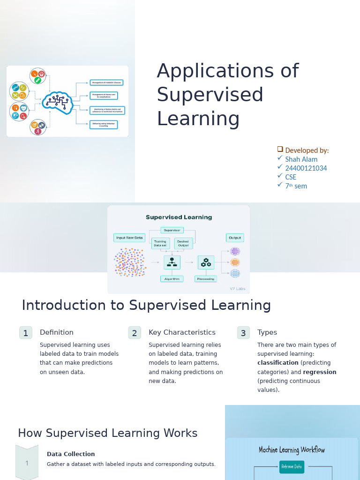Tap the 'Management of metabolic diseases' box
(x=106, y=83)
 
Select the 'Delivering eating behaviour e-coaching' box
(x=104, y=125)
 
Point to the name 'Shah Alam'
(x=301, y=159)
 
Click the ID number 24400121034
(x=306, y=168)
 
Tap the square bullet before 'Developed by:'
(x=280, y=149)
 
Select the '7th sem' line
(x=296, y=186)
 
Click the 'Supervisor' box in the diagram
(x=172, y=230)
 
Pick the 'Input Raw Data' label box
(x=129, y=238)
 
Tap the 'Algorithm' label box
(x=172, y=279)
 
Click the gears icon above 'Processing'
(x=206, y=262)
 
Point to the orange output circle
(x=235, y=262)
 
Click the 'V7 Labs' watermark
(x=237, y=289)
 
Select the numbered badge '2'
(x=135, y=333)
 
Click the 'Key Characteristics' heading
(x=182, y=332)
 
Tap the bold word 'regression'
(x=320, y=372)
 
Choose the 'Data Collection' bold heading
(x=71, y=454)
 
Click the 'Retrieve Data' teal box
(x=292, y=467)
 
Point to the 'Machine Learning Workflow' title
(x=292, y=450)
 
